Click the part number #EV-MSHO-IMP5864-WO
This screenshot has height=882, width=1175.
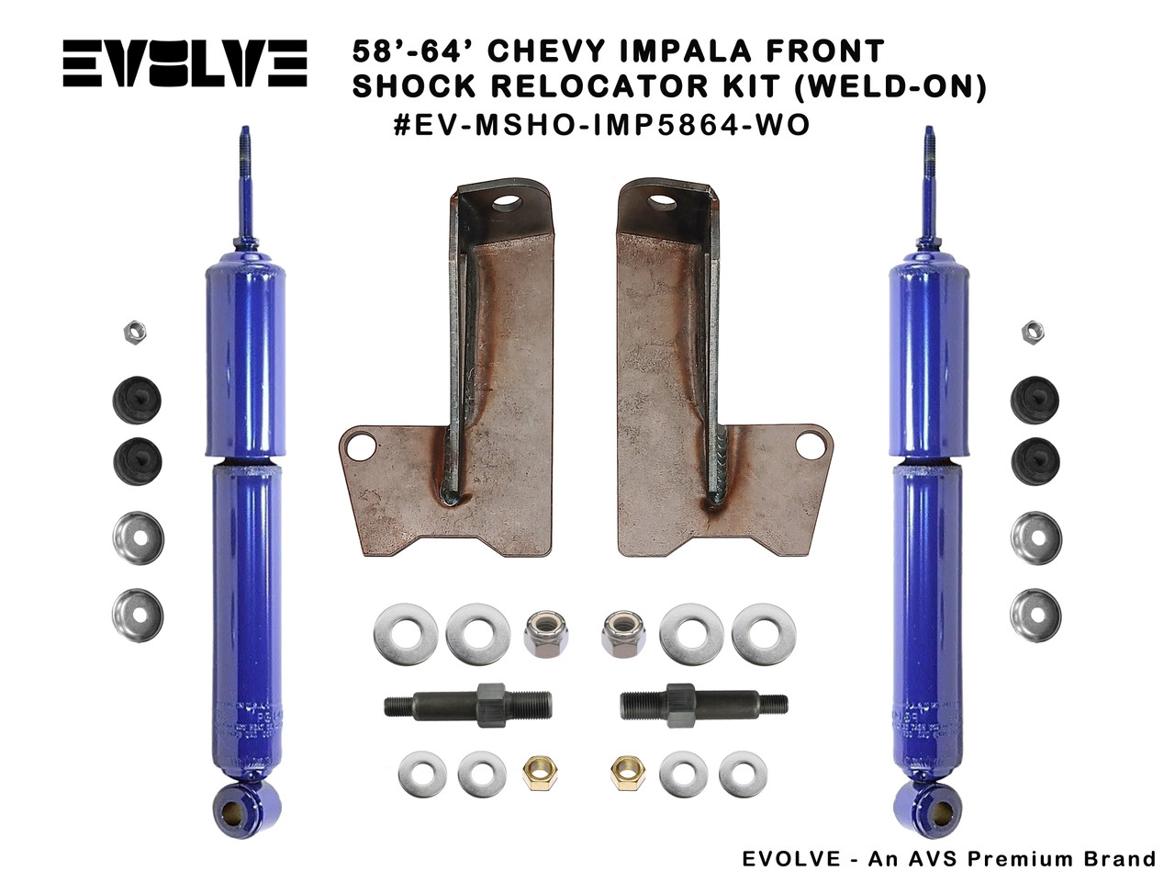point(601,125)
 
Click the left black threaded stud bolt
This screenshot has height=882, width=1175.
point(466,707)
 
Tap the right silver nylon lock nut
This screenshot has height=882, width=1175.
point(623,633)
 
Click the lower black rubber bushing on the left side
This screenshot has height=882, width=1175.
point(138,462)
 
